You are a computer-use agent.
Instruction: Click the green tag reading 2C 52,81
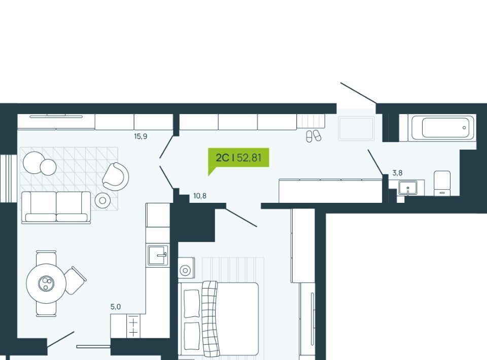coord(238,158)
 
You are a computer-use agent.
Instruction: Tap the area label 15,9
coord(141,136)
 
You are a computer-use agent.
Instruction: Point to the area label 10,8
coord(200,196)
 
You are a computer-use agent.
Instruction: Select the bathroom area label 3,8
coord(398,173)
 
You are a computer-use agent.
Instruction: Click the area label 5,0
coord(116,307)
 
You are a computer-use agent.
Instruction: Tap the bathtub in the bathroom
coord(443,127)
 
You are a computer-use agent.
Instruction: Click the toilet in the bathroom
coord(442,183)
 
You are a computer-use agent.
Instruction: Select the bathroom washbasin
coord(408,188)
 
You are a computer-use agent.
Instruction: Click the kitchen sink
coord(158,255)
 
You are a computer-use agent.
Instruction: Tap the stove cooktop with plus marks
coord(133,326)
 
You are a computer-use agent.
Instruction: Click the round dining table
coord(46,283)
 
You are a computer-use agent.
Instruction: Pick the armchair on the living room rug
coord(116,176)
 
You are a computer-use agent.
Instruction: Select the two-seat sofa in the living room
coord(56,207)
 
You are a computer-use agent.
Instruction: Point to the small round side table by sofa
coord(102,201)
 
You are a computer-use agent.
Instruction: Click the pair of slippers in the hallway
coord(314,136)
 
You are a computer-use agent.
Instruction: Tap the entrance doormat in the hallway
coord(356,128)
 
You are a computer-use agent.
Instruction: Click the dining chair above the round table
coord(46,257)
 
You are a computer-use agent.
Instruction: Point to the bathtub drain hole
coord(464,128)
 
